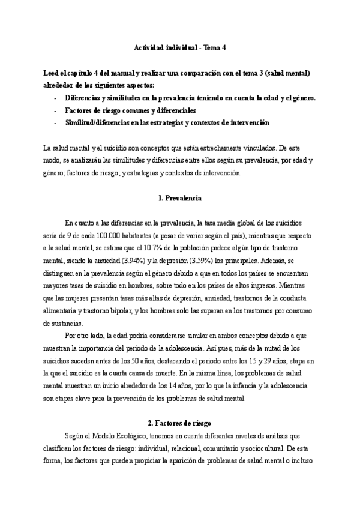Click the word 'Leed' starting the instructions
pos(52,73)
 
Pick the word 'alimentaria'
pos(59,312)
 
